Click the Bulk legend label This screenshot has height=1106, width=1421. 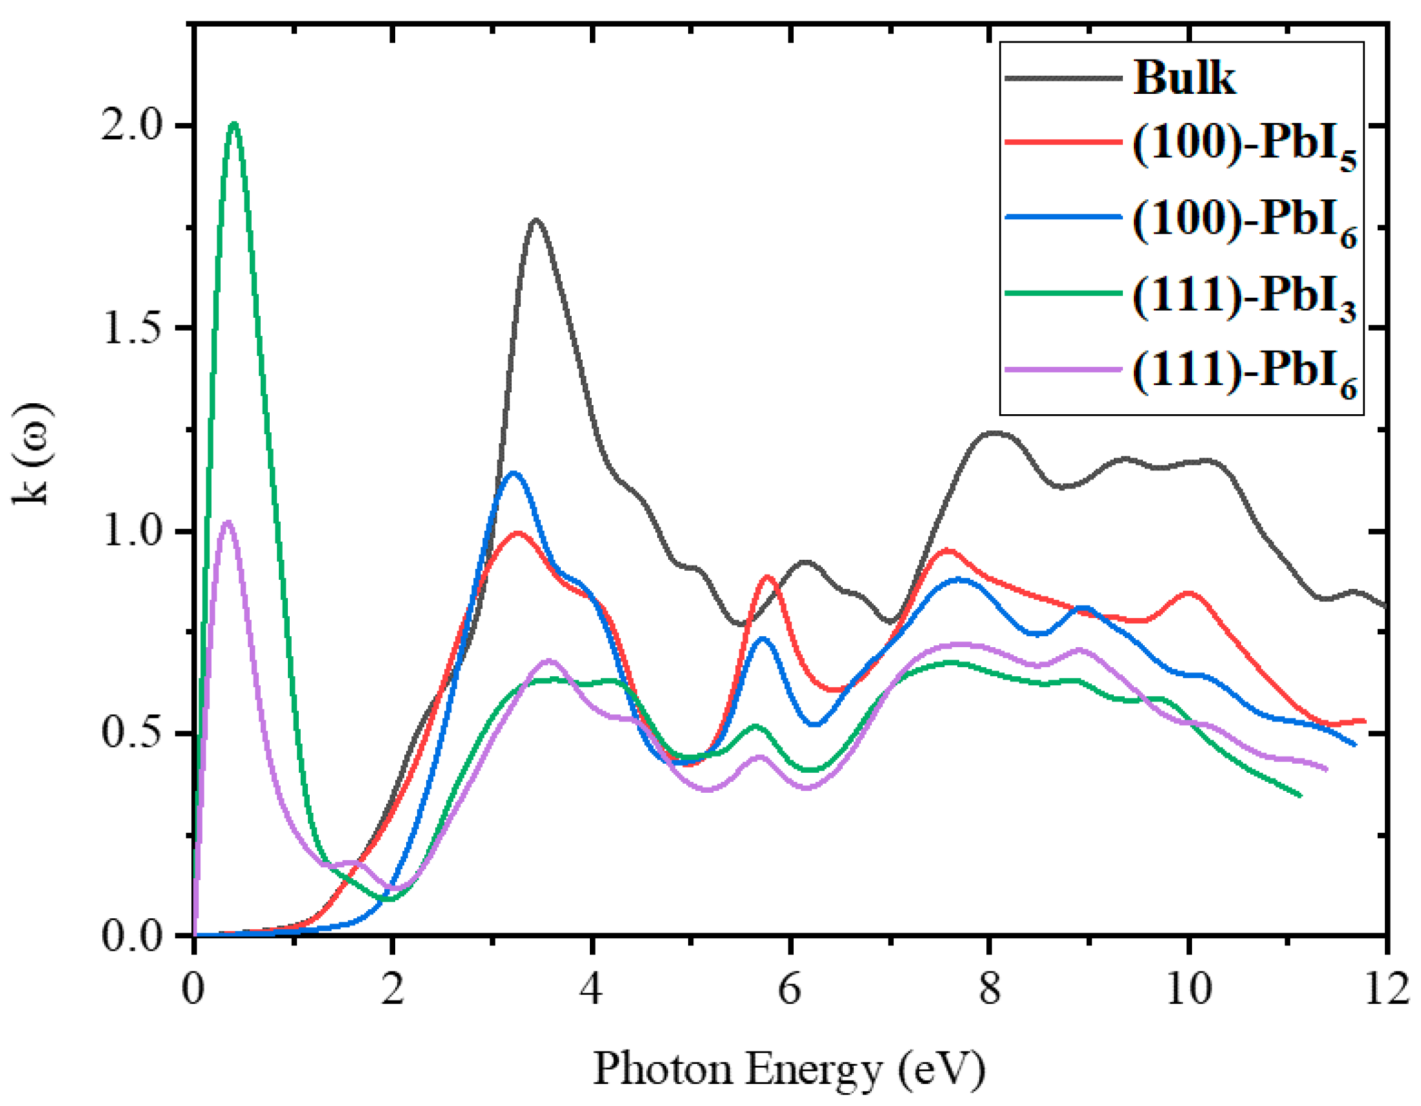pyautogui.click(x=1184, y=79)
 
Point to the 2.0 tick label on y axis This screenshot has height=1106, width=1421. pyautogui.click(x=131, y=125)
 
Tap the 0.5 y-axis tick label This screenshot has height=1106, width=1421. pyautogui.click(x=131, y=734)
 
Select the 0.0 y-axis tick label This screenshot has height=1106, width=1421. pyautogui.click(x=131, y=936)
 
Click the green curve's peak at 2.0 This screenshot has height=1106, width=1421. pyautogui.click(x=234, y=124)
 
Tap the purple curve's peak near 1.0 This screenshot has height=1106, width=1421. pyautogui.click(x=227, y=522)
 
